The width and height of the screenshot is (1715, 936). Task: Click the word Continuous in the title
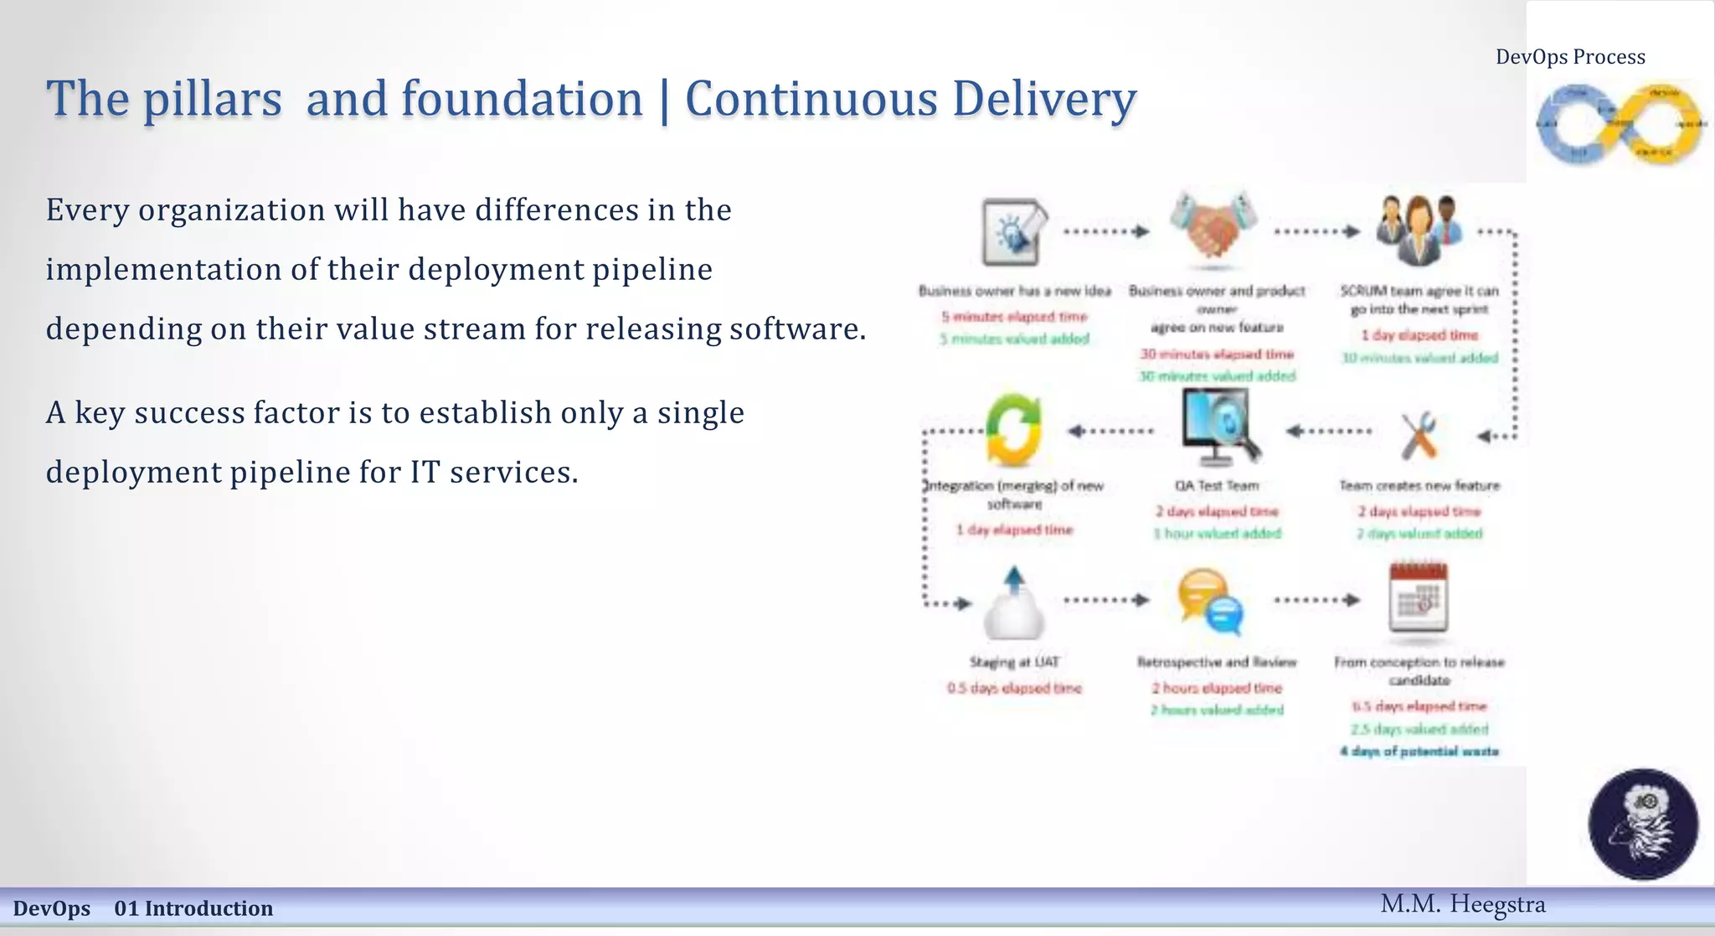tap(811, 99)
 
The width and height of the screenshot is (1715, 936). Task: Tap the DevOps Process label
tap(1570, 57)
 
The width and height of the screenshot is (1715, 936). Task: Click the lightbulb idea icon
tap(1013, 231)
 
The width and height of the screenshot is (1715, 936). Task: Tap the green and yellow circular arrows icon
tap(1013, 430)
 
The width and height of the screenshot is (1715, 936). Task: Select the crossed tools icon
tap(1419, 434)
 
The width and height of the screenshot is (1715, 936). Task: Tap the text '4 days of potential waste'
tap(1419, 752)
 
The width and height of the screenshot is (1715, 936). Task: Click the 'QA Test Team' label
tap(1216, 486)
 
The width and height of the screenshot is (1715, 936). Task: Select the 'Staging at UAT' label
tap(1014, 662)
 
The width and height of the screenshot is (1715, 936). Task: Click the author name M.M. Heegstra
tap(1462, 904)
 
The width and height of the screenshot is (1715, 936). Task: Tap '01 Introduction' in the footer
tap(193, 908)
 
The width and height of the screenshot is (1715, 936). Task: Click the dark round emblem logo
tap(1642, 825)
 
